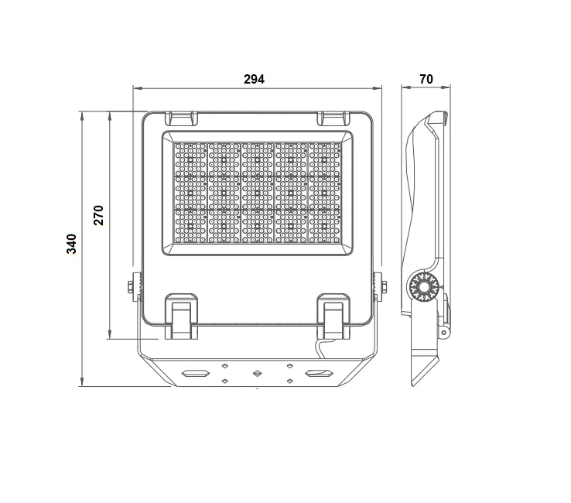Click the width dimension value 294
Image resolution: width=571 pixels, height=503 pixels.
254,79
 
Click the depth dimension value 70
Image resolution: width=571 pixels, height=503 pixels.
426,79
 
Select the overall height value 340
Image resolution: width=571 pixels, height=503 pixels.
71,244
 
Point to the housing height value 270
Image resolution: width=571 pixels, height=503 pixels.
99,215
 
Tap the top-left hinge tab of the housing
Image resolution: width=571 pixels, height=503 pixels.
181,118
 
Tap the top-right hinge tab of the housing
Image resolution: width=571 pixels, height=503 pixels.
333,118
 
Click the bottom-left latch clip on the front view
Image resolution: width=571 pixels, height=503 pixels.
181,317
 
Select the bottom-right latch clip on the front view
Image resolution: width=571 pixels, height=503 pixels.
333,317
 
